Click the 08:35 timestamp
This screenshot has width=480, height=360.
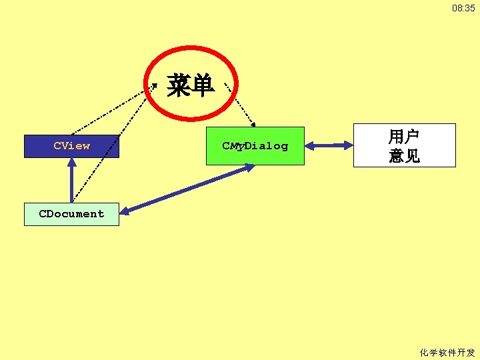(x=463, y=9)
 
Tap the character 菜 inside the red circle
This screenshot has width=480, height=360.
(x=178, y=85)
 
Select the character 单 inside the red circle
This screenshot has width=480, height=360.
(x=201, y=85)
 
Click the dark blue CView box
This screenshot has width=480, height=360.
(x=71, y=146)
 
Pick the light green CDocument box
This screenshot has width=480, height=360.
(x=71, y=214)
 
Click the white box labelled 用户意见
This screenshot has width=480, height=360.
(x=404, y=145)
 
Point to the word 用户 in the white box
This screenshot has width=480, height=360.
(x=404, y=137)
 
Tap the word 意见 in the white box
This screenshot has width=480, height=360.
(x=404, y=156)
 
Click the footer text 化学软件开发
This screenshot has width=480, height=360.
(x=447, y=353)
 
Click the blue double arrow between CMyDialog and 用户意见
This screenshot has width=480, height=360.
(x=329, y=145)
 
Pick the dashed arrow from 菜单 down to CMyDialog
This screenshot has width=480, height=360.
(x=242, y=107)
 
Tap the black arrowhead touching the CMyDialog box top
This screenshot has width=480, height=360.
(x=253, y=123)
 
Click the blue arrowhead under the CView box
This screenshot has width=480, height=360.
(x=71, y=163)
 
